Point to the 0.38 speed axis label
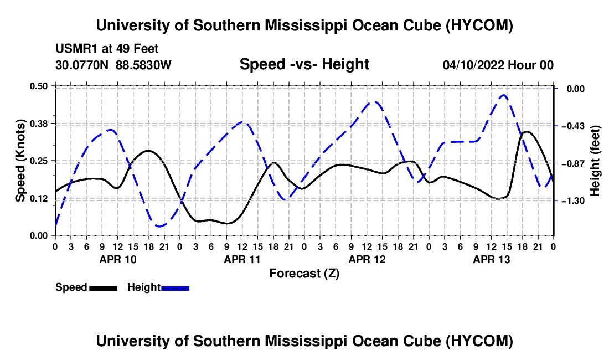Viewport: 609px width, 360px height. (39, 124)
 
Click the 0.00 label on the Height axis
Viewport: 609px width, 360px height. (576, 89)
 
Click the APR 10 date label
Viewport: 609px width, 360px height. (118, 259)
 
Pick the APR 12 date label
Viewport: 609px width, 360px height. (367, 259)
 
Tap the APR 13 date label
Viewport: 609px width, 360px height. (491, 259)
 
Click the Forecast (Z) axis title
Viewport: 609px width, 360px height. (304, 274)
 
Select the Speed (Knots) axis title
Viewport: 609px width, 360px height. (20, 161)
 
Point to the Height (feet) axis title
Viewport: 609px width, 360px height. (595, 161)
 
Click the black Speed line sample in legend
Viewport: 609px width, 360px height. (104, 289)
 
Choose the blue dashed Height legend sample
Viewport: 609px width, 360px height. (175, 289)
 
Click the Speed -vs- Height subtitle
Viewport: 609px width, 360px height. (304, 64)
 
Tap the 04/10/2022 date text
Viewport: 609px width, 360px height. (473, 65)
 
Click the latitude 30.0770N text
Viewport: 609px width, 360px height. (82, 65)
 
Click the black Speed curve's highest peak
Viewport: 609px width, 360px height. (527, 132)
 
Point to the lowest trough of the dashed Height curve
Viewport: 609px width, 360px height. (159, 226)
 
